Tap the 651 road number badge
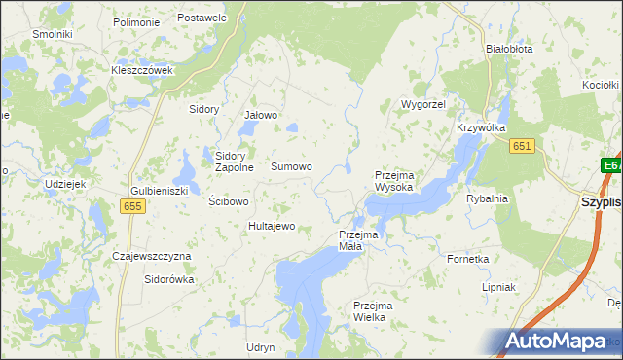tap(523, 145)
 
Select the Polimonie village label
tap(136, 21)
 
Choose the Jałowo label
tap(261, 115)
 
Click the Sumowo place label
tap(291, 166)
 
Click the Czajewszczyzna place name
tap(152, 256)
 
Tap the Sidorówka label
tap(169, 279)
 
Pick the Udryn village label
tap(260, 347)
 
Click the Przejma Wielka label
tap(376, 311)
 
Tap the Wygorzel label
tap(422, 103)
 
